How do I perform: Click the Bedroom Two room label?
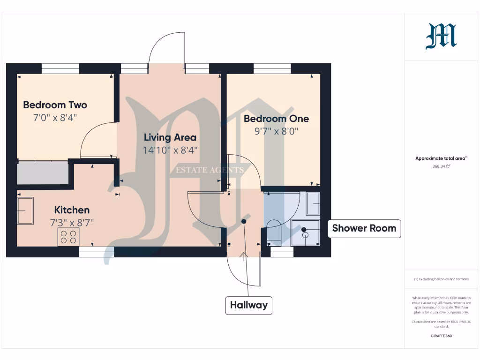click(x=55, y=105)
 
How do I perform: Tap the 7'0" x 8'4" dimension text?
click(x=55, y=118)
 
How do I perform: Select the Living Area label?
click(x=170, y=137)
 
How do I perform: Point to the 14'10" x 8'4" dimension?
click(x=170, y=150)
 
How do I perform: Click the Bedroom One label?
click(x=276, y=119)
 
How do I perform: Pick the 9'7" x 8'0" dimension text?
click(x=276, y=131)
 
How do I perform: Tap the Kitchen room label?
click(x=72, y=210)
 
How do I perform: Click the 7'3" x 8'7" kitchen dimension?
click(x=72, y=223)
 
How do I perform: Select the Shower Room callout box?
click(x=364, y=228)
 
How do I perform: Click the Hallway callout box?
click(x=248, y=305)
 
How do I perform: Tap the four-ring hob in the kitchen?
click(x=68, y=237)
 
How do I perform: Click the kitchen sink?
click(x=25, y=211)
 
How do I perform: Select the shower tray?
click(x=305, y=233)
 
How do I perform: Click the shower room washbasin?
click(x=312, y=203)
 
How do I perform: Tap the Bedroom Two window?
click(x=60, y=68)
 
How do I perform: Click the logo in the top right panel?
click(x=441, y=37)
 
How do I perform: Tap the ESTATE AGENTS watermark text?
click(x=210, y=170)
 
